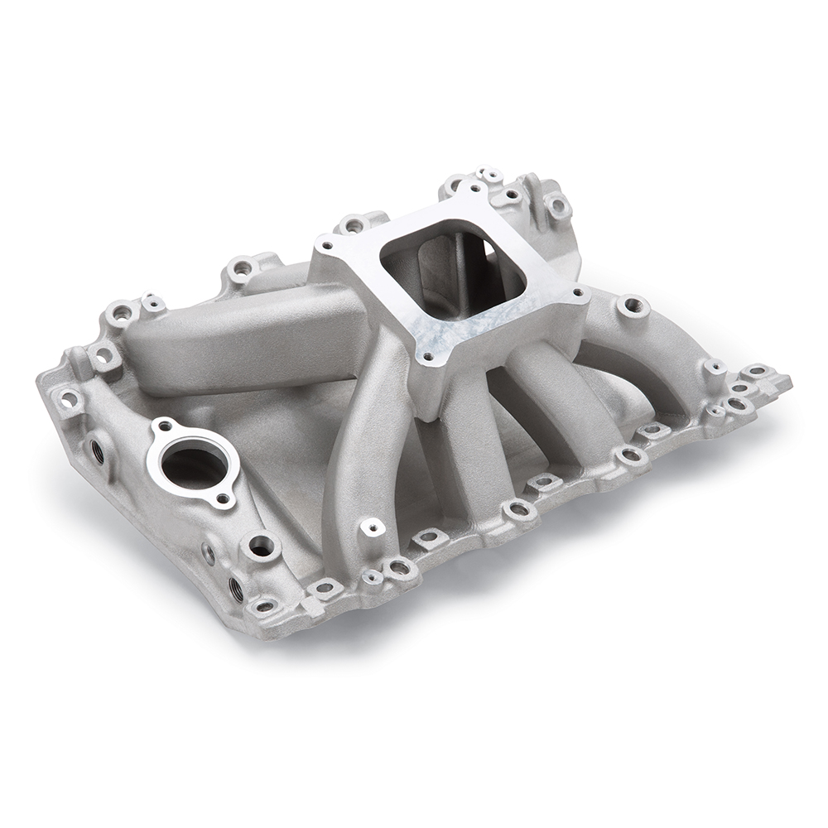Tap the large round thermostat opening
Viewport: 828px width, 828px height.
click(x=190, y=465)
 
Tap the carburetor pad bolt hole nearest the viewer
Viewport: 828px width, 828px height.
click(x=427, y=359)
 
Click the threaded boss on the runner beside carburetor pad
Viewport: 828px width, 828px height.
click(x=633, y=306)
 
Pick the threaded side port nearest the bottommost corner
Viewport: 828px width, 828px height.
click(x=235, y=587)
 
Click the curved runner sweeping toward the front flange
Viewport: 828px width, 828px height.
click(x=364, y=447)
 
